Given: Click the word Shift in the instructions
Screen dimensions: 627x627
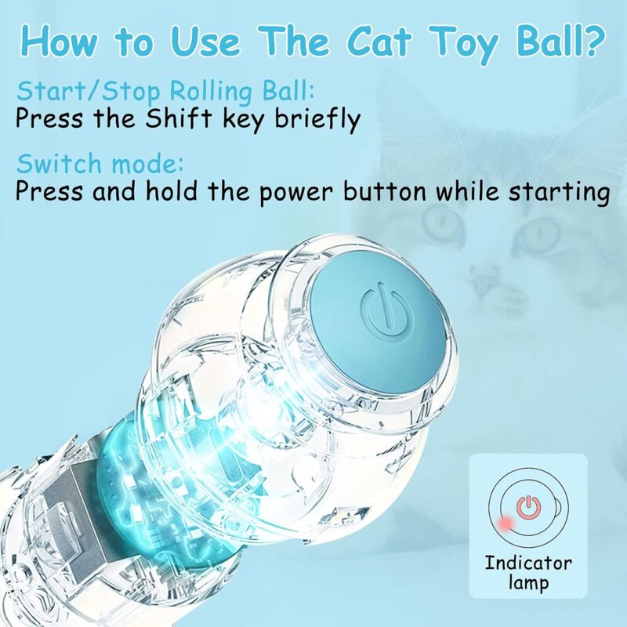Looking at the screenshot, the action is coord(179,118).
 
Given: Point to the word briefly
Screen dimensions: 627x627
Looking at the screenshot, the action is coord(318,120).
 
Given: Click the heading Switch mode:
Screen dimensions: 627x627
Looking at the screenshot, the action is coord(100,164).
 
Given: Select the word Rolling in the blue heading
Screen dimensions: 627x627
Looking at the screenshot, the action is coord(211,92).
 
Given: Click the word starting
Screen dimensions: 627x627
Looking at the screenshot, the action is coord(559,193).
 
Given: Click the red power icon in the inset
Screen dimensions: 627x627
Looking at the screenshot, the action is coord(528,507).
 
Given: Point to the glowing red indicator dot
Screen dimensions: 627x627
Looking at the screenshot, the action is coord(506,524).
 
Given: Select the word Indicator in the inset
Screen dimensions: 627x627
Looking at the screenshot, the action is coord(528,563).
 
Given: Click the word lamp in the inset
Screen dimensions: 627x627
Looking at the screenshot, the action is coord(528,582).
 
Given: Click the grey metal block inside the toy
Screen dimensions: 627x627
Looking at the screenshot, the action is coord(76,520).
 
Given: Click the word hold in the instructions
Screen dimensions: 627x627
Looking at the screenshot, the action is coord(171,190).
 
